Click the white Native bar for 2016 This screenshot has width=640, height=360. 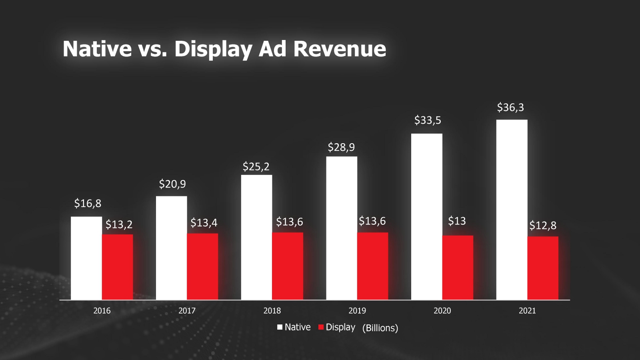pos(86,258)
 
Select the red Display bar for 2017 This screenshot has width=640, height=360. pos(202,266)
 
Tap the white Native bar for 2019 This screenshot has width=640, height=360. pos(342,228)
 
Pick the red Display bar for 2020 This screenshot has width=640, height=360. pos(458,267)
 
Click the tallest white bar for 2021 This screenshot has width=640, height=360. pos(512,210)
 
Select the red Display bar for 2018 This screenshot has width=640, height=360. pos(288,266)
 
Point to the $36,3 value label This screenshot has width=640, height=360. pos(510,108)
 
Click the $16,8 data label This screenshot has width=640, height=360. pos(88,204)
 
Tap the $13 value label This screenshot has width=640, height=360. pos(457,221)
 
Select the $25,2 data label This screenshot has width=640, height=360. pos(256,167)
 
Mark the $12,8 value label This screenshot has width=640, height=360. pos(543,226)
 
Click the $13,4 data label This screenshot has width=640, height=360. pos(204,223)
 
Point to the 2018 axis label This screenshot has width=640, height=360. pos(272,311)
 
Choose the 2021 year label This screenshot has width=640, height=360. pos(527,311)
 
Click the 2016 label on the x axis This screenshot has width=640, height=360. pos(102,311)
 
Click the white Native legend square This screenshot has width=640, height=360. pos(280,327)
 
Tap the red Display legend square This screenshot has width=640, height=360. pos(321,327)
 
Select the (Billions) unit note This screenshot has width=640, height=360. pos(380,328)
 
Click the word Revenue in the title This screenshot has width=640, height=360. pos(340,49)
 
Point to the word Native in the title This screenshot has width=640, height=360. pos(97,49)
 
